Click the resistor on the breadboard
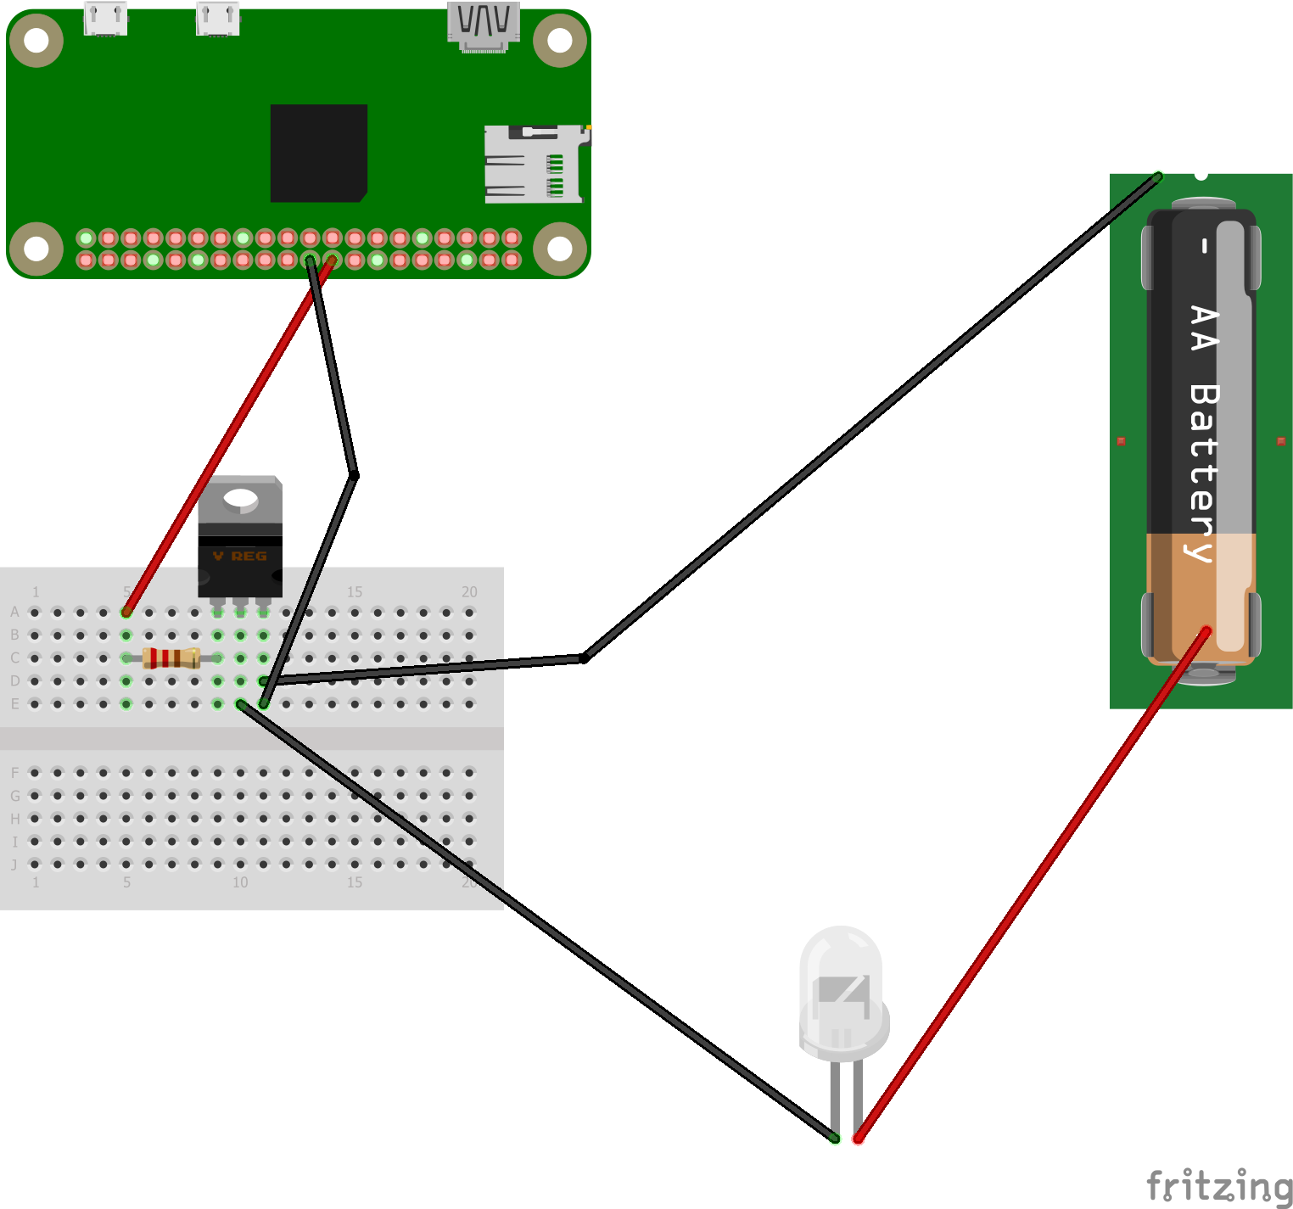tap(171, 658)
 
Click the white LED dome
tap(840, 984)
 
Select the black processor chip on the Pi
tap(319, 153)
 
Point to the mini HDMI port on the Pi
tap(484, 25)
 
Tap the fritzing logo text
tap(1218, 1185)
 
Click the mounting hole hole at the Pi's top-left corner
tap(36, 39)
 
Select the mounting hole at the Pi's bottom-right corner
tap(560, 249)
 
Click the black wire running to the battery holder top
tap(865, 416)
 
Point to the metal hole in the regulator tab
tap(241, 499)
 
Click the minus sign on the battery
tap(1203, 246)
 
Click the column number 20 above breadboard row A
tap(469, 591)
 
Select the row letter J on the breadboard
tap(14, 865)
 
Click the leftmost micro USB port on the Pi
tap(106, 19)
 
